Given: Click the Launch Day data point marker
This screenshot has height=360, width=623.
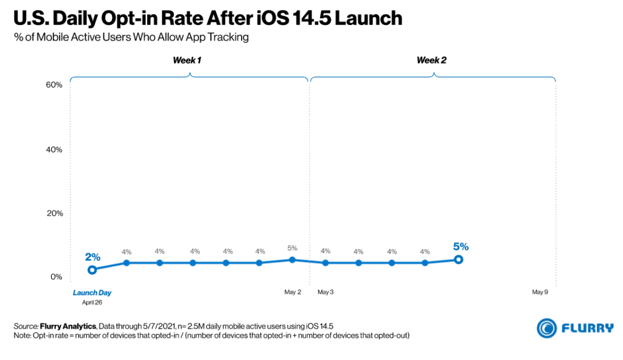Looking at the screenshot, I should coord(92,270).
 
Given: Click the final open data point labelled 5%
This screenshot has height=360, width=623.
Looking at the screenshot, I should coord(459,260).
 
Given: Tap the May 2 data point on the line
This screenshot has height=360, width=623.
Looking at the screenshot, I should coord(293,260).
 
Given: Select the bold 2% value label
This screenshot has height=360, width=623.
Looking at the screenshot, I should coord(92,257).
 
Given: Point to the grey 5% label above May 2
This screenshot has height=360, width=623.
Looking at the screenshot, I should coord(293,248).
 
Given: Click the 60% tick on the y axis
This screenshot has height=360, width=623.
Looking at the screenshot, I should coord(54,85).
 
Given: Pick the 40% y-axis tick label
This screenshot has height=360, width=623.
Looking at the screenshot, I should coord(54,150).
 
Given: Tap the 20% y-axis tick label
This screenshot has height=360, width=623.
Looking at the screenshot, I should coord(54,213).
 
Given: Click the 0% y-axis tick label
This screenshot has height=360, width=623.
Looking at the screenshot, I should coord(56,277).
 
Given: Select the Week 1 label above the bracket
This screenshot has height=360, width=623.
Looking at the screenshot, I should coord(187,60).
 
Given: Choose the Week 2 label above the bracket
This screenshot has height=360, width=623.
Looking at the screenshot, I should coord(432,60).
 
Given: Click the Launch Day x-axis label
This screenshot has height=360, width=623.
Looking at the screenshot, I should coord(92,293).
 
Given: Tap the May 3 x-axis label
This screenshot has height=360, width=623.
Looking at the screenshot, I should coord(325,292).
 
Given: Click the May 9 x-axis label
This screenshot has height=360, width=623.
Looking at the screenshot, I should coord(540,292).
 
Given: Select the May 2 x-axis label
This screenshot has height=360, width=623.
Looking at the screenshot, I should coord(293,292).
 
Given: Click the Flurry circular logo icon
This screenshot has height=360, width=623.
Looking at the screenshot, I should coord(547,328).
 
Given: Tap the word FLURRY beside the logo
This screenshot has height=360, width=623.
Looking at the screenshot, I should coord(587,328).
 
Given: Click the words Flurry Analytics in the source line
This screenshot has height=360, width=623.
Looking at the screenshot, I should coord(64,325).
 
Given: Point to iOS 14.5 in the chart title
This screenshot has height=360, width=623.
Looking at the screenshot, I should coord(296,18).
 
